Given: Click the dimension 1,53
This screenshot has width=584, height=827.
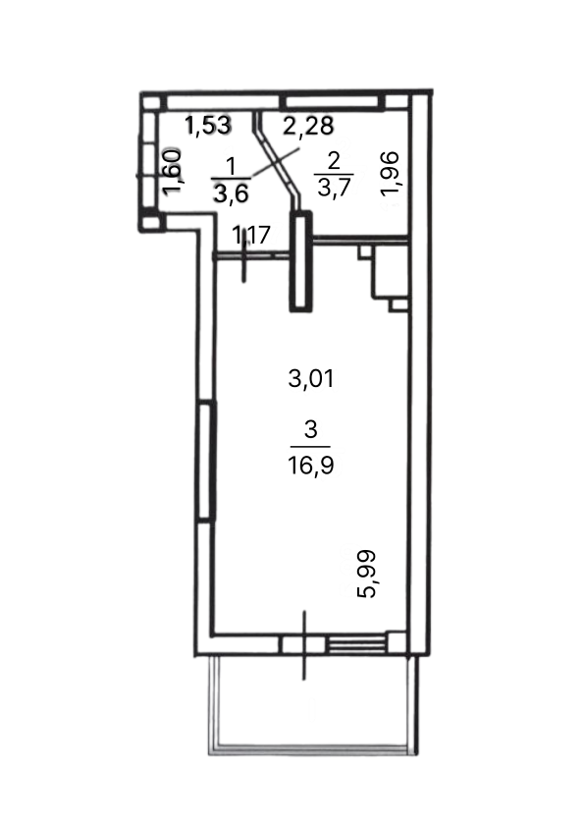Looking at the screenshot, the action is click(x=208, y=126).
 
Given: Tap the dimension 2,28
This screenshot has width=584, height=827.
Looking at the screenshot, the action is click(x=308, y=126).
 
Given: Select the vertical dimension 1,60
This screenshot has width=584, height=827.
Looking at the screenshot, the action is click(x=173, y=173).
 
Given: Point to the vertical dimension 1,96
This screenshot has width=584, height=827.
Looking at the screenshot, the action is click(x=392, y=173).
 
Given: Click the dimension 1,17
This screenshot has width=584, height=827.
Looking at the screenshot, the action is click(x=252, y=234).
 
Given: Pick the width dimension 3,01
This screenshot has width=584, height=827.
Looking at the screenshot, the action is click(x=311, y=379).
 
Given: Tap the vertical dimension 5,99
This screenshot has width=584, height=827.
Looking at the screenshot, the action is click(x=366, y=574).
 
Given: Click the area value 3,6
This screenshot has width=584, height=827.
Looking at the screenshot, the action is click(x=231, y=193).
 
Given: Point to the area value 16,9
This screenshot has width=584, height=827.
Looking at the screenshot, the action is click(x=311, y=466).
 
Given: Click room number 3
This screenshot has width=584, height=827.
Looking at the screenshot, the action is click(x=311, y=430).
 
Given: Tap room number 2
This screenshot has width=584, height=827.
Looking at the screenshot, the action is click(x=334, y=161).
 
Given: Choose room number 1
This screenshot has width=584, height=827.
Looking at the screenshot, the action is click(x=231, y=167).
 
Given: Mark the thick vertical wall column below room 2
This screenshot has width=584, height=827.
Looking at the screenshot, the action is click(x=300, y=261).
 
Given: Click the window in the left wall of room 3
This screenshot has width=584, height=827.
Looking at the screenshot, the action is click(x=206, y=462).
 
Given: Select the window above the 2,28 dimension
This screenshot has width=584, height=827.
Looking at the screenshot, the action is click(x=333, y=102).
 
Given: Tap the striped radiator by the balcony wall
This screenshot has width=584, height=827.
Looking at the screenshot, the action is click(x=355, y=644).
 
